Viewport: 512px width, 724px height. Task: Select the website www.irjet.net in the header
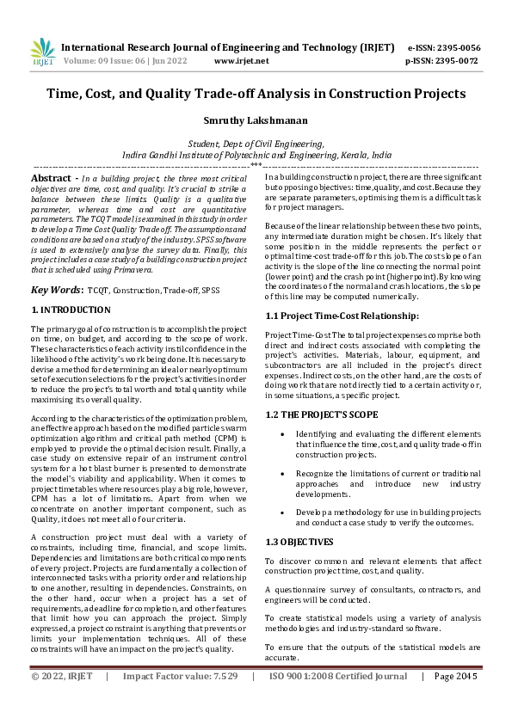pyautogui.click(x=241, y=61)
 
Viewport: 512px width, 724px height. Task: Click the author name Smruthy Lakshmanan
pyautogui.click(x=256, y=122)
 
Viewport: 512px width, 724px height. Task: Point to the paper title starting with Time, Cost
pyautogui.click(x=256, y=94)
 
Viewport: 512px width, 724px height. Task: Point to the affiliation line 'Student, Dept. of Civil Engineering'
pyautogui.click(x=256, y=144)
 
